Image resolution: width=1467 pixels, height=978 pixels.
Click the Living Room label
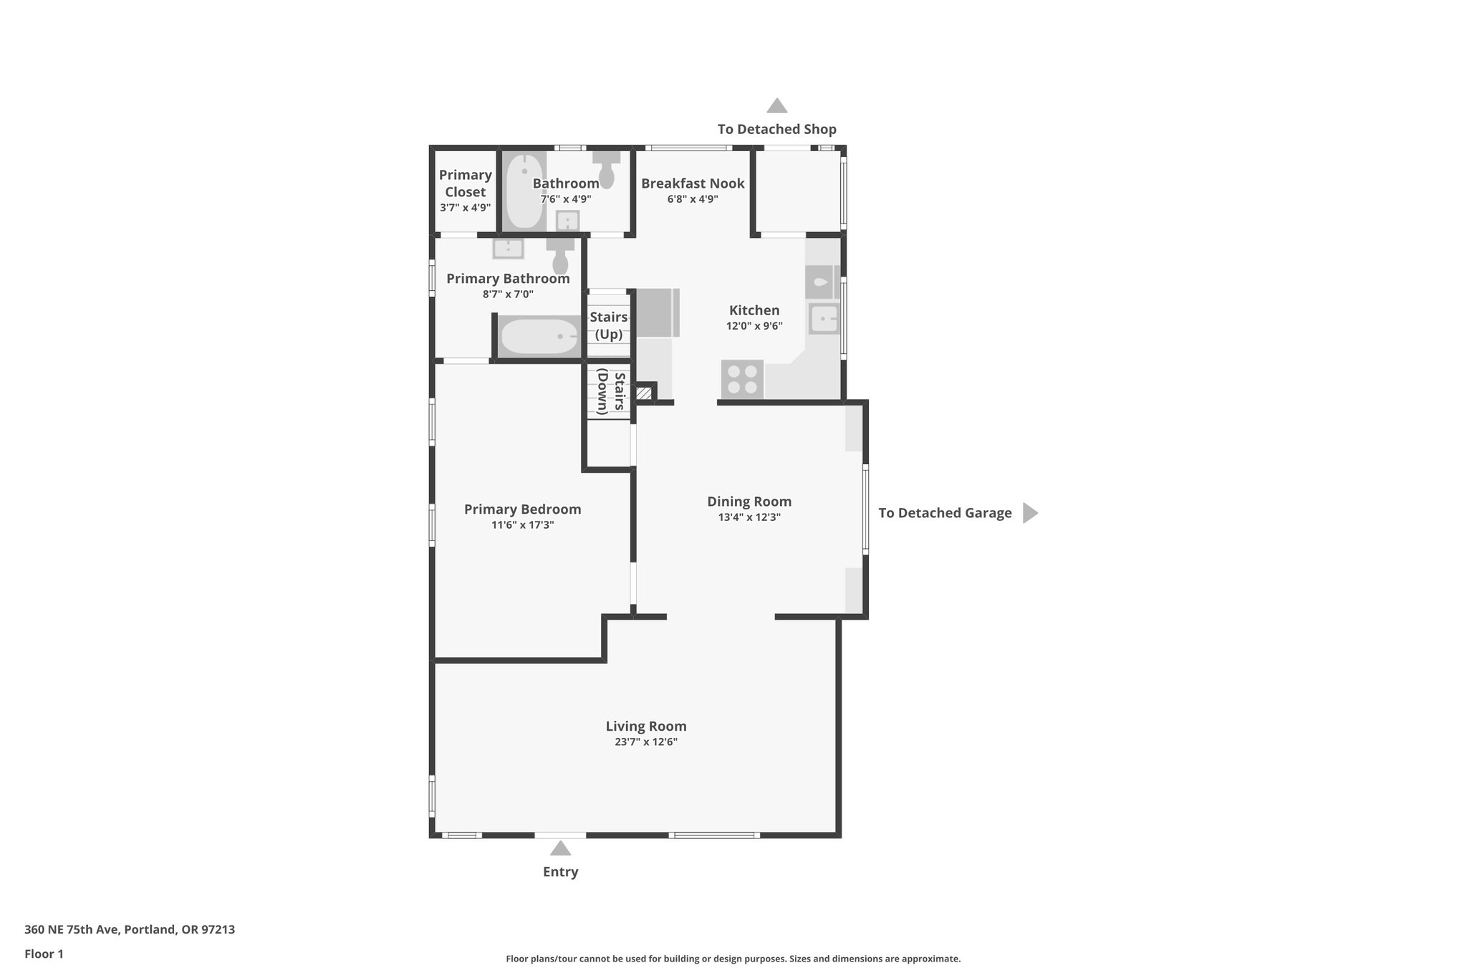[x=645, y=727]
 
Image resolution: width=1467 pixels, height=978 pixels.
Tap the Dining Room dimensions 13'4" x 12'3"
[x=749, y=517]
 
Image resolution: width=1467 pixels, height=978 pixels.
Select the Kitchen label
[x=754, y=310]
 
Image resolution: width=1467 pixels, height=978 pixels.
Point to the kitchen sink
[x=824, y=319]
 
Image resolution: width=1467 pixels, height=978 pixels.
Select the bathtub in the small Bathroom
[x=523, y=191]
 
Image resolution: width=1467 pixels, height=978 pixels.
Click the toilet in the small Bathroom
[x=607, y=169]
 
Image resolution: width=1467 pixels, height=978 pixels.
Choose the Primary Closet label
[x=466, y=183]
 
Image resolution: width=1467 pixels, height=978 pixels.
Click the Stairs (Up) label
[x=609, y=325]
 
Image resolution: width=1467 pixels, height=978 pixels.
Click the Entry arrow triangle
[x=560, y=849]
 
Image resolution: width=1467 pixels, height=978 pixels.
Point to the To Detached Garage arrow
[x=1029, y=513]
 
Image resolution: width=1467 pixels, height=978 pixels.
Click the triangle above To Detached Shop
[x=776, y=106]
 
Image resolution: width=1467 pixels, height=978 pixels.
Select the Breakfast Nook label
[x=692, y=183]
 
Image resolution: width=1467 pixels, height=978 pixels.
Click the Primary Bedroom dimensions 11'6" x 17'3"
[x=522, y=525]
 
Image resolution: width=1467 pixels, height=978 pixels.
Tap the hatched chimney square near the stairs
[x=644, y=393]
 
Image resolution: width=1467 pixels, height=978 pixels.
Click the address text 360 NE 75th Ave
[x=129, y=930]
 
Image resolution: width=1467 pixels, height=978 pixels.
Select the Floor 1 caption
[x=44, y=954]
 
